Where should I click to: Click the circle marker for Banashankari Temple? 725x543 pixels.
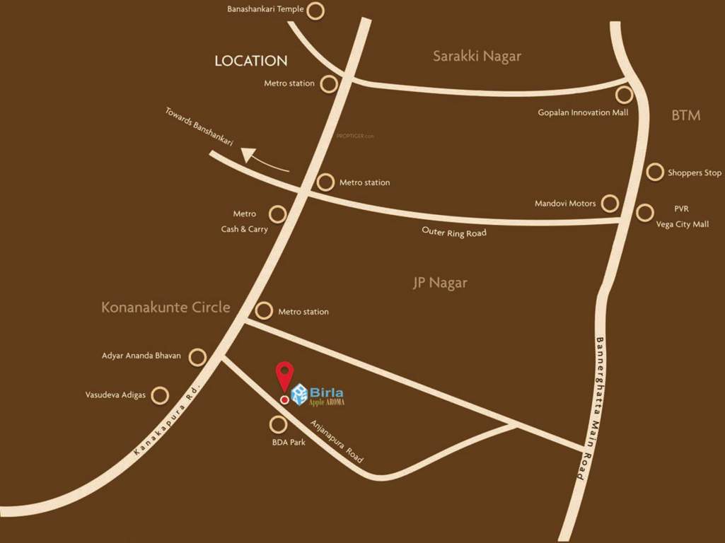click(316, 11)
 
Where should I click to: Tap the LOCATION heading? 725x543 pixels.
click(251, 61)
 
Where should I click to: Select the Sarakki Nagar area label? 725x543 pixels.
click(477, 56)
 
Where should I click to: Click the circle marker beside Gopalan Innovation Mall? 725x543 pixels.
click(624, 95)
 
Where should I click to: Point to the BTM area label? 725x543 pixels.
click(685, 115)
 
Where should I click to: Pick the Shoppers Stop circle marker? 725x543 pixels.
click(656, 172)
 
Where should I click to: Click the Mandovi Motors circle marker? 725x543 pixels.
click(610, 204)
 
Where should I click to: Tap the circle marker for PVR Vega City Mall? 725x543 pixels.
click(644, 212)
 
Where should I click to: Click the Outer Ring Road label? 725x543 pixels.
click(454, 232)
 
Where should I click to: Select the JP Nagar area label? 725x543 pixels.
click(440, 283)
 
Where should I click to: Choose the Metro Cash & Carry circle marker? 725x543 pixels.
click(278, 214)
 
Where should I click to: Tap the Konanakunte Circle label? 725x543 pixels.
click(166, 307)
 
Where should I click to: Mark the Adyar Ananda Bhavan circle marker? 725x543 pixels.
click(197, 356)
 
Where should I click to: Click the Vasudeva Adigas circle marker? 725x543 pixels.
click(161, 395)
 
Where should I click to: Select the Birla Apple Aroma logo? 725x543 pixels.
click(318, 395)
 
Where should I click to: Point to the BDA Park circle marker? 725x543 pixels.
click(279, 424)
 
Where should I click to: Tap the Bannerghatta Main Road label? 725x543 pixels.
click(590, 408)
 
